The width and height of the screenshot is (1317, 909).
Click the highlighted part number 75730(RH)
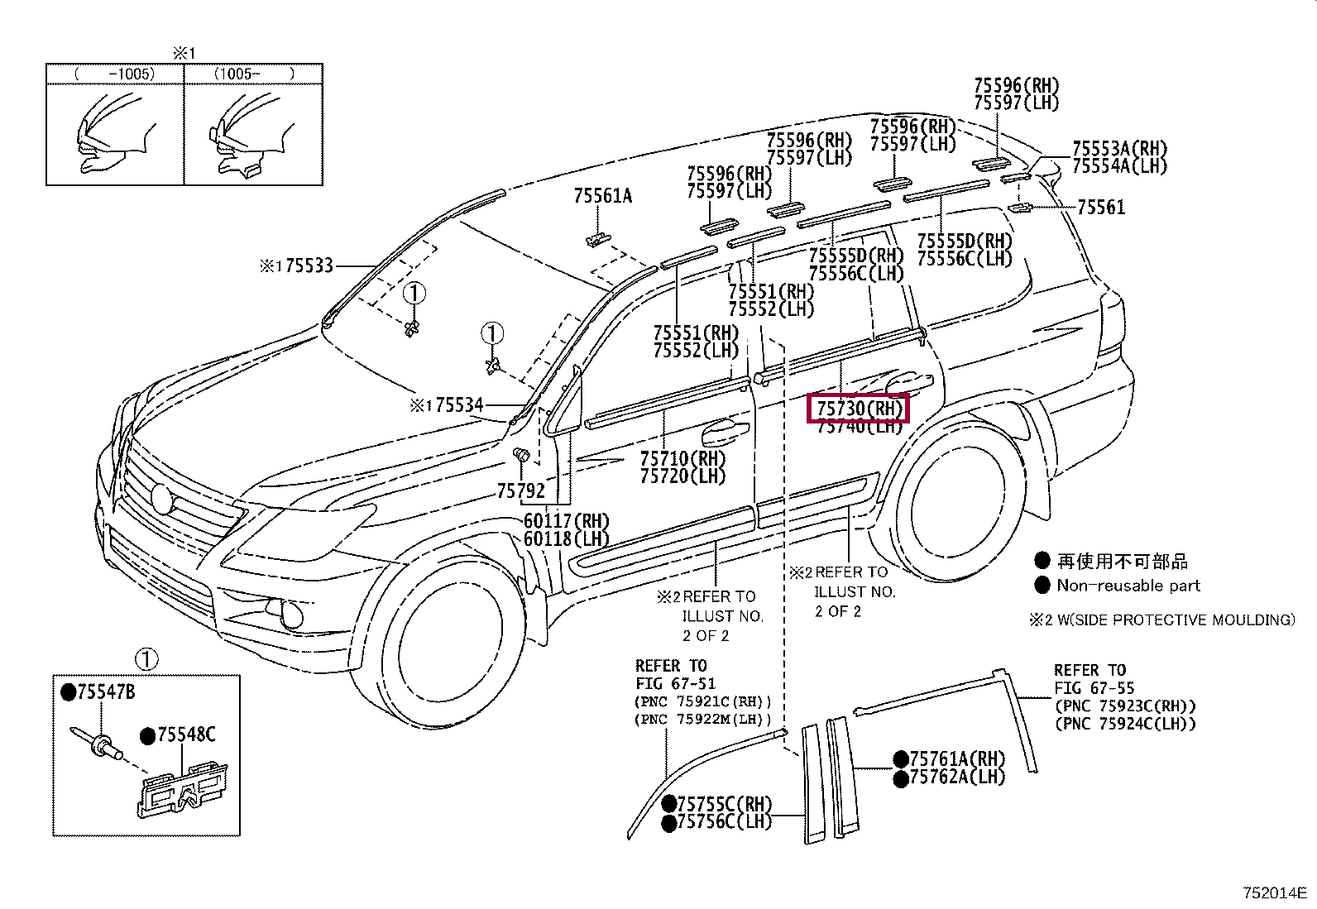[859, 408]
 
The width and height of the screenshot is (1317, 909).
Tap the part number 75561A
[602, 196]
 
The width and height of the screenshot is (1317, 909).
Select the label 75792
[521, 491]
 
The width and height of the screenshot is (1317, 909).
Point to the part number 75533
[309, 266]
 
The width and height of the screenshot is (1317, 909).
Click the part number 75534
[459, 405]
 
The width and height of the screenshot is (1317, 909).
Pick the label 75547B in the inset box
[106, 692]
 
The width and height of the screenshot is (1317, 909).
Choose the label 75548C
[186, 734]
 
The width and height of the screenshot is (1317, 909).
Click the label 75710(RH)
[682, 458]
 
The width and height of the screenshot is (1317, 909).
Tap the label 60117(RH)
[566, 521]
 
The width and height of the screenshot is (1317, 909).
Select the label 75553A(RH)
[1119, 148]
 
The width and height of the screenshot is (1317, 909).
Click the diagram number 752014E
[1274, 892]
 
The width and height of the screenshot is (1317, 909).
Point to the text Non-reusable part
[1128, 586]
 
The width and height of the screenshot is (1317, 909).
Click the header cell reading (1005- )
[253, 74]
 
